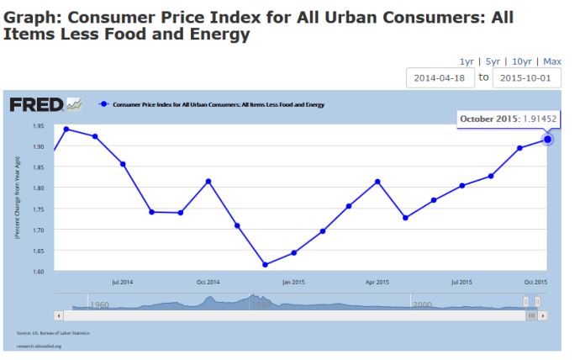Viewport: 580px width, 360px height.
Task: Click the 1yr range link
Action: (467, 61)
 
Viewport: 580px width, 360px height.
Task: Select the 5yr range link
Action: (493, 61)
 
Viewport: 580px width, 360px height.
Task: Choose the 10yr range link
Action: (521, 61)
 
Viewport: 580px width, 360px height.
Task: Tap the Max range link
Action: (552, 61)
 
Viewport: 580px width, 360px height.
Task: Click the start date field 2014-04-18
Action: (439, 77)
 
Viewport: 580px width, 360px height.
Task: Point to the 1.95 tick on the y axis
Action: (38, 126)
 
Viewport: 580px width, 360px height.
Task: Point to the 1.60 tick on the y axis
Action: (38, 271)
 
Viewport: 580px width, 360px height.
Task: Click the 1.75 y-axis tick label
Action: (38, 209)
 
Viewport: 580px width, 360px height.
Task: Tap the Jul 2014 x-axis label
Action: (123, 282)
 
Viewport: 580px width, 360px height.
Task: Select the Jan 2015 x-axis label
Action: (293, 282)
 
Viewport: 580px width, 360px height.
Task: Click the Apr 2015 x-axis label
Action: (377, 282)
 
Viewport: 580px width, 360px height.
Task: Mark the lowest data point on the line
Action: (266, 264)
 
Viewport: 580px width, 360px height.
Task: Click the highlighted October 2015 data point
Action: (547, 139)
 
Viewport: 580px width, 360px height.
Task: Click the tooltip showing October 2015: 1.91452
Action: (508, 119)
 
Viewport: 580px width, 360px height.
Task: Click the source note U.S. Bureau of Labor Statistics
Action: (53, 333)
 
